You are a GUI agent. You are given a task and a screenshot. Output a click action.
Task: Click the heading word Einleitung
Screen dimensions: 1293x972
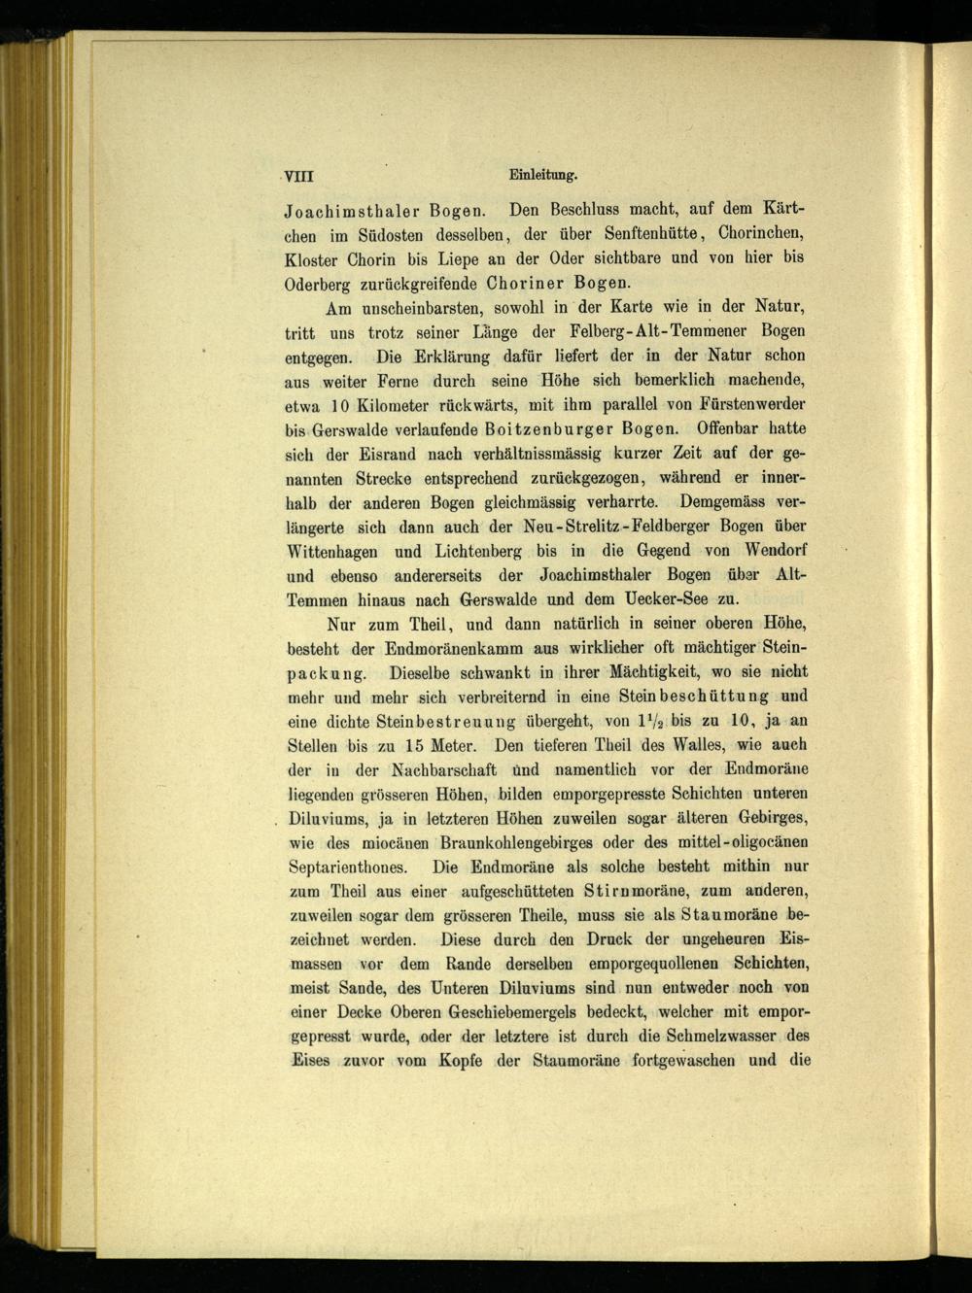click(x=543, y=176)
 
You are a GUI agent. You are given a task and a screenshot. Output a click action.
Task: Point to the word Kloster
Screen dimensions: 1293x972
click(x=311, y=260)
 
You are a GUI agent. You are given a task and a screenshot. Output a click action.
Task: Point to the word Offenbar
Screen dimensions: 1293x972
click(x=723, y=428)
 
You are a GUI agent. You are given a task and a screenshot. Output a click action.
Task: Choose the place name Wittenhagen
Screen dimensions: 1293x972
click(x=334, y=551)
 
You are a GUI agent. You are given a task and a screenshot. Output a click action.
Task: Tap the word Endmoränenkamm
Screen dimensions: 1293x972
click(x=457, y=648)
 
